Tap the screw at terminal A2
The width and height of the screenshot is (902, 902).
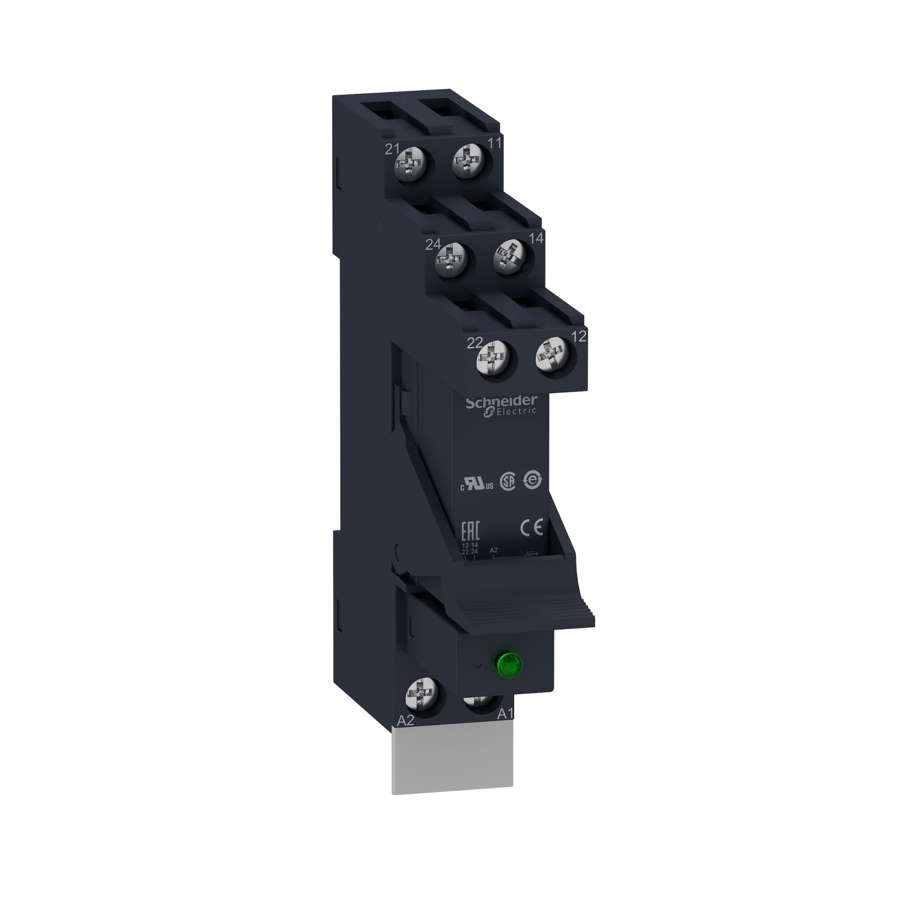(x=422, y=697)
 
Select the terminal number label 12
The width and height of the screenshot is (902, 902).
(x=578, y=337)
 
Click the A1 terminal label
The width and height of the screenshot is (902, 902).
(x=505, y=714)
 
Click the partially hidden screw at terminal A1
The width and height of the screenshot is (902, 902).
(x=479, y=705)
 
